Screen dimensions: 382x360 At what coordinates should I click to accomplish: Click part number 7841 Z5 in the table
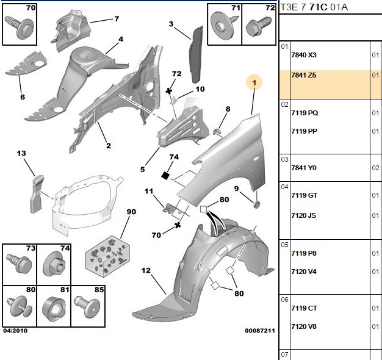coord(303,75)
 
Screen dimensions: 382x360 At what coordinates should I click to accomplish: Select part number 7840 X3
coord(304,55)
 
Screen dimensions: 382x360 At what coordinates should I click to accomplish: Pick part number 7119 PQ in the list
coord(305,113)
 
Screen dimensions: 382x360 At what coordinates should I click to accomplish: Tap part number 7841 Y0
coord(304,168)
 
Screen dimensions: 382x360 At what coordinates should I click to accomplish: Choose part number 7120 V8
coord(304,326)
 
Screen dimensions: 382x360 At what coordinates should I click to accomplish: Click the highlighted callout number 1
coord(254,82)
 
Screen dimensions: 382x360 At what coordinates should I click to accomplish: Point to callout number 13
coord(21,153)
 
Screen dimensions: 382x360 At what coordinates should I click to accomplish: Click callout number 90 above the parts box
coord(131,212)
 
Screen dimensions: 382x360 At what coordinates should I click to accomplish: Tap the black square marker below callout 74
coord(165,175)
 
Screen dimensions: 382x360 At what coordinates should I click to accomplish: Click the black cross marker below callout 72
coord(168,92)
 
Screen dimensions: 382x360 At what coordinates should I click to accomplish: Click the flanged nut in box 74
coord(54,265)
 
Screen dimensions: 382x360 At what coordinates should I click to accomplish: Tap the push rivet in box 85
coord(87,306)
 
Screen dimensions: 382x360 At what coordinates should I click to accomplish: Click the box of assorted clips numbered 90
coord(107,256)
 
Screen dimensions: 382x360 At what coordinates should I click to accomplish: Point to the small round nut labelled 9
coord(256,204)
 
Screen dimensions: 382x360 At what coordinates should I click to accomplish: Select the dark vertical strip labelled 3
coord(196,54)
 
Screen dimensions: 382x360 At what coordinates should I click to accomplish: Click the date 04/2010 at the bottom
coord(15,331)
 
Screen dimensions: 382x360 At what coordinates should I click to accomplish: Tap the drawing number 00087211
coord(260,331)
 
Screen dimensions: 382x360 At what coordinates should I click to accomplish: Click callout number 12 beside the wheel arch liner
coord(146,270)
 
